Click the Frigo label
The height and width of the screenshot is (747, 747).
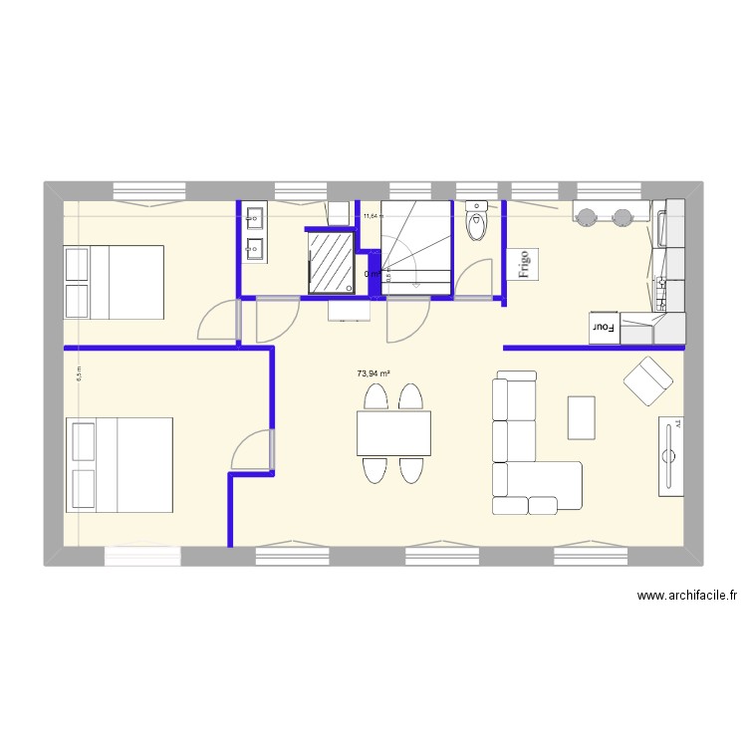[522, 264]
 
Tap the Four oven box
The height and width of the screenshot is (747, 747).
[603, 327]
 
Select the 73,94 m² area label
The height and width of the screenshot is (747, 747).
[373, 374]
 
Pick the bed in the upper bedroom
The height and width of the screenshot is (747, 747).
[114, 282]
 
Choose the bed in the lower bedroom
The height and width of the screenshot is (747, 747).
[120, 464]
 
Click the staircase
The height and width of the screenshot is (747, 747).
[416, 246]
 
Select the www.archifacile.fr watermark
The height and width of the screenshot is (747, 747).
[687, 596]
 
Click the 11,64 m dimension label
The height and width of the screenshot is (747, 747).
[373, 215]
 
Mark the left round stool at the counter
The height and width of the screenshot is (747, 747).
[587, 216]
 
